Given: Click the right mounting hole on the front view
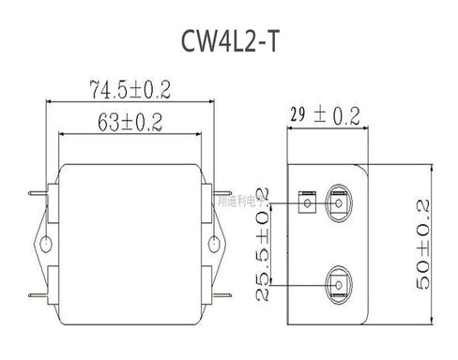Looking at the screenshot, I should (x=216, y=246).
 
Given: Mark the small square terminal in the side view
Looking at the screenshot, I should (x=304, y=200).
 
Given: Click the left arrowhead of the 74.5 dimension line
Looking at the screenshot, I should (x=53, y=100).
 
